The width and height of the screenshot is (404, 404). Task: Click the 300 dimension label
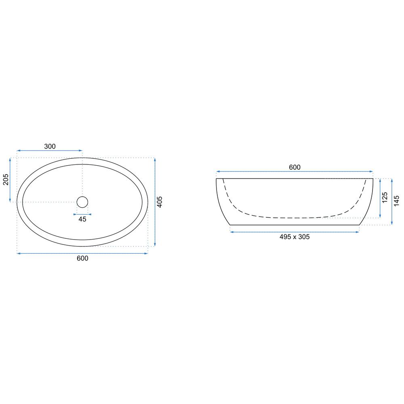[50, 146]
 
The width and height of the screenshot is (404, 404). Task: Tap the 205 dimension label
[6, 180]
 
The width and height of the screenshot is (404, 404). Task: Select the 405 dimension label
[160, 202]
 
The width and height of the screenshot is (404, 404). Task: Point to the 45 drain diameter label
[82, 219]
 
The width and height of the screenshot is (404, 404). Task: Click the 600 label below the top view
[82, 258]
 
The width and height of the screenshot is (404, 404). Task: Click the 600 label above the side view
[295, 167]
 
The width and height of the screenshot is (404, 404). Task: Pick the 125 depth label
[385, 198]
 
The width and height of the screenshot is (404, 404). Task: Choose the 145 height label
[397, 201]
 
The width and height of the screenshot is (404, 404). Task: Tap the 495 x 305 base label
[295, 237]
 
